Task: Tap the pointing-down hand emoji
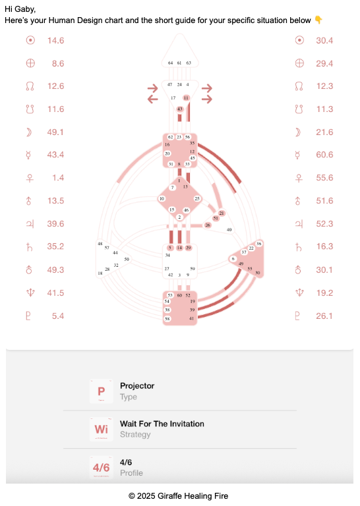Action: [318, 20]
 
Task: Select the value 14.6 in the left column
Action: [55, 41]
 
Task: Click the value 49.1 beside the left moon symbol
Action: [55, 132]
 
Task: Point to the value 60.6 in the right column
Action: [324, 155]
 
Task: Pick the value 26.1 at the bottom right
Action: [324, 316]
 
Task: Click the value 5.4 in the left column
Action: [58, 316]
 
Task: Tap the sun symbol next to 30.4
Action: [299, 41]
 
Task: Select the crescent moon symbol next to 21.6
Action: [299, 132]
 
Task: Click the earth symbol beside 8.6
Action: [30, 64]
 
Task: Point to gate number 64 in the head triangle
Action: [170, 63]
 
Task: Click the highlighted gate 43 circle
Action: [180, 108]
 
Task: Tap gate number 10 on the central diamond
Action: [162, 198]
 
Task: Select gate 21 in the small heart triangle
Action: [222, 213]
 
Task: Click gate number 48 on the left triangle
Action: [100, 244]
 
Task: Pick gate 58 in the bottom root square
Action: [167, 318]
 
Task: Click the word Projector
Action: [137, 385]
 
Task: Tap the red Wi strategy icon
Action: [101, 429]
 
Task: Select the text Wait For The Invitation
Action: [162, 424]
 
